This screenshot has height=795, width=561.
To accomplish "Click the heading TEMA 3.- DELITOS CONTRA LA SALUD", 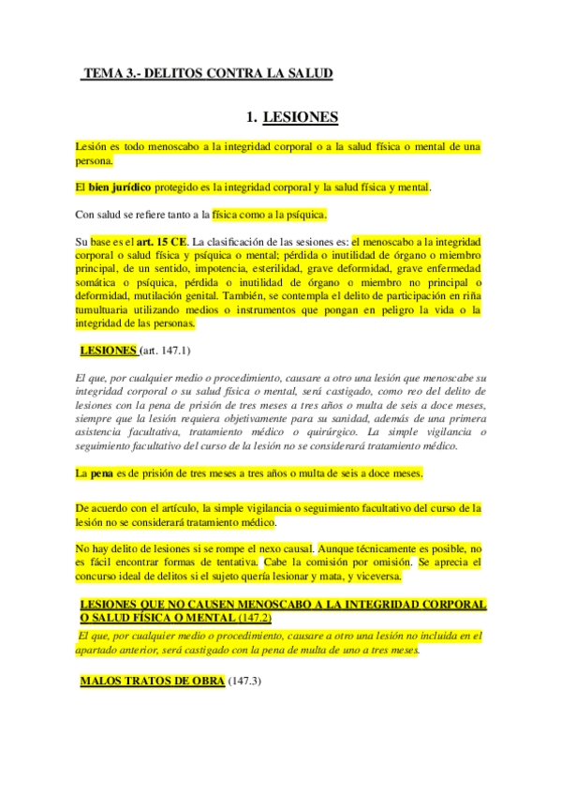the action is tap(207, 72).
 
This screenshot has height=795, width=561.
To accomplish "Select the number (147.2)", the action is tap(256, 618).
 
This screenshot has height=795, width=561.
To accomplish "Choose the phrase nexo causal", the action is tap(284, 548).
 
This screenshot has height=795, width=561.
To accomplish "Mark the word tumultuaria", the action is tap(108, 309).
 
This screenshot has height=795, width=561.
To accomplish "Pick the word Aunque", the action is tap(344, 548).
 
